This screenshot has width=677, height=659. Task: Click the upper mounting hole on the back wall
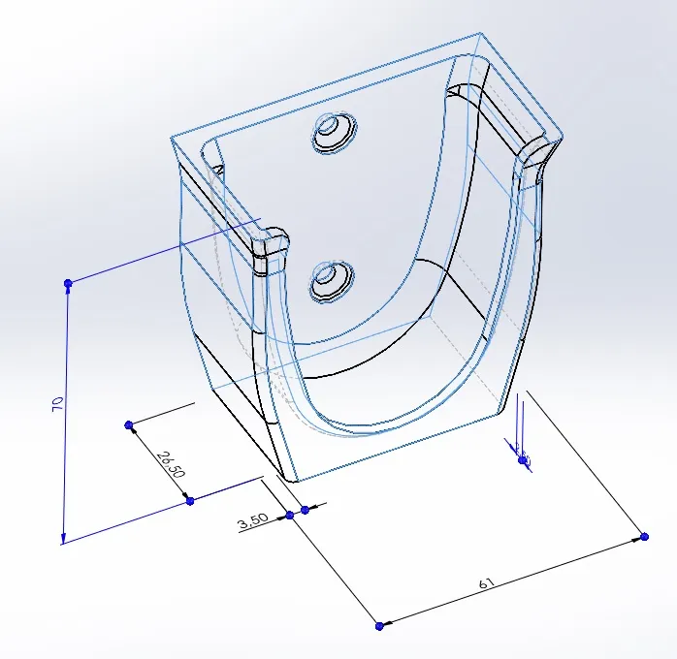pyautogui.click(x=333, y=132)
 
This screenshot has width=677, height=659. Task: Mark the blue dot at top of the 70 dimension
pyautogui.click(x=68, y=283)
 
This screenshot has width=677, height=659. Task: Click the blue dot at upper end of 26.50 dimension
pyautogui.click(x=129, y=424)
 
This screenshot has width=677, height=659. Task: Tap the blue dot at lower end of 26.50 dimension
pyautogui.click(x=190, y=500)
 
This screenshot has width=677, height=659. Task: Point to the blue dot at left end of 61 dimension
pyautogui.click(x=379, y=626)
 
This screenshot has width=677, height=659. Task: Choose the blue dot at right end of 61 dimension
pyautogui.click(x=645, y=536)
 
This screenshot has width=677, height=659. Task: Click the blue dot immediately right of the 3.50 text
pyautogui.click(x=305, y=509)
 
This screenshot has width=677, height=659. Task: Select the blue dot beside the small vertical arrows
pyautogui.click(x=524, y=460)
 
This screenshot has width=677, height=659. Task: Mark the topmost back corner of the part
pyautogui.click(x=481, y=35)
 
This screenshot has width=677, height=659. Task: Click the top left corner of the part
pyautogui.click(x=171, y=137)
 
